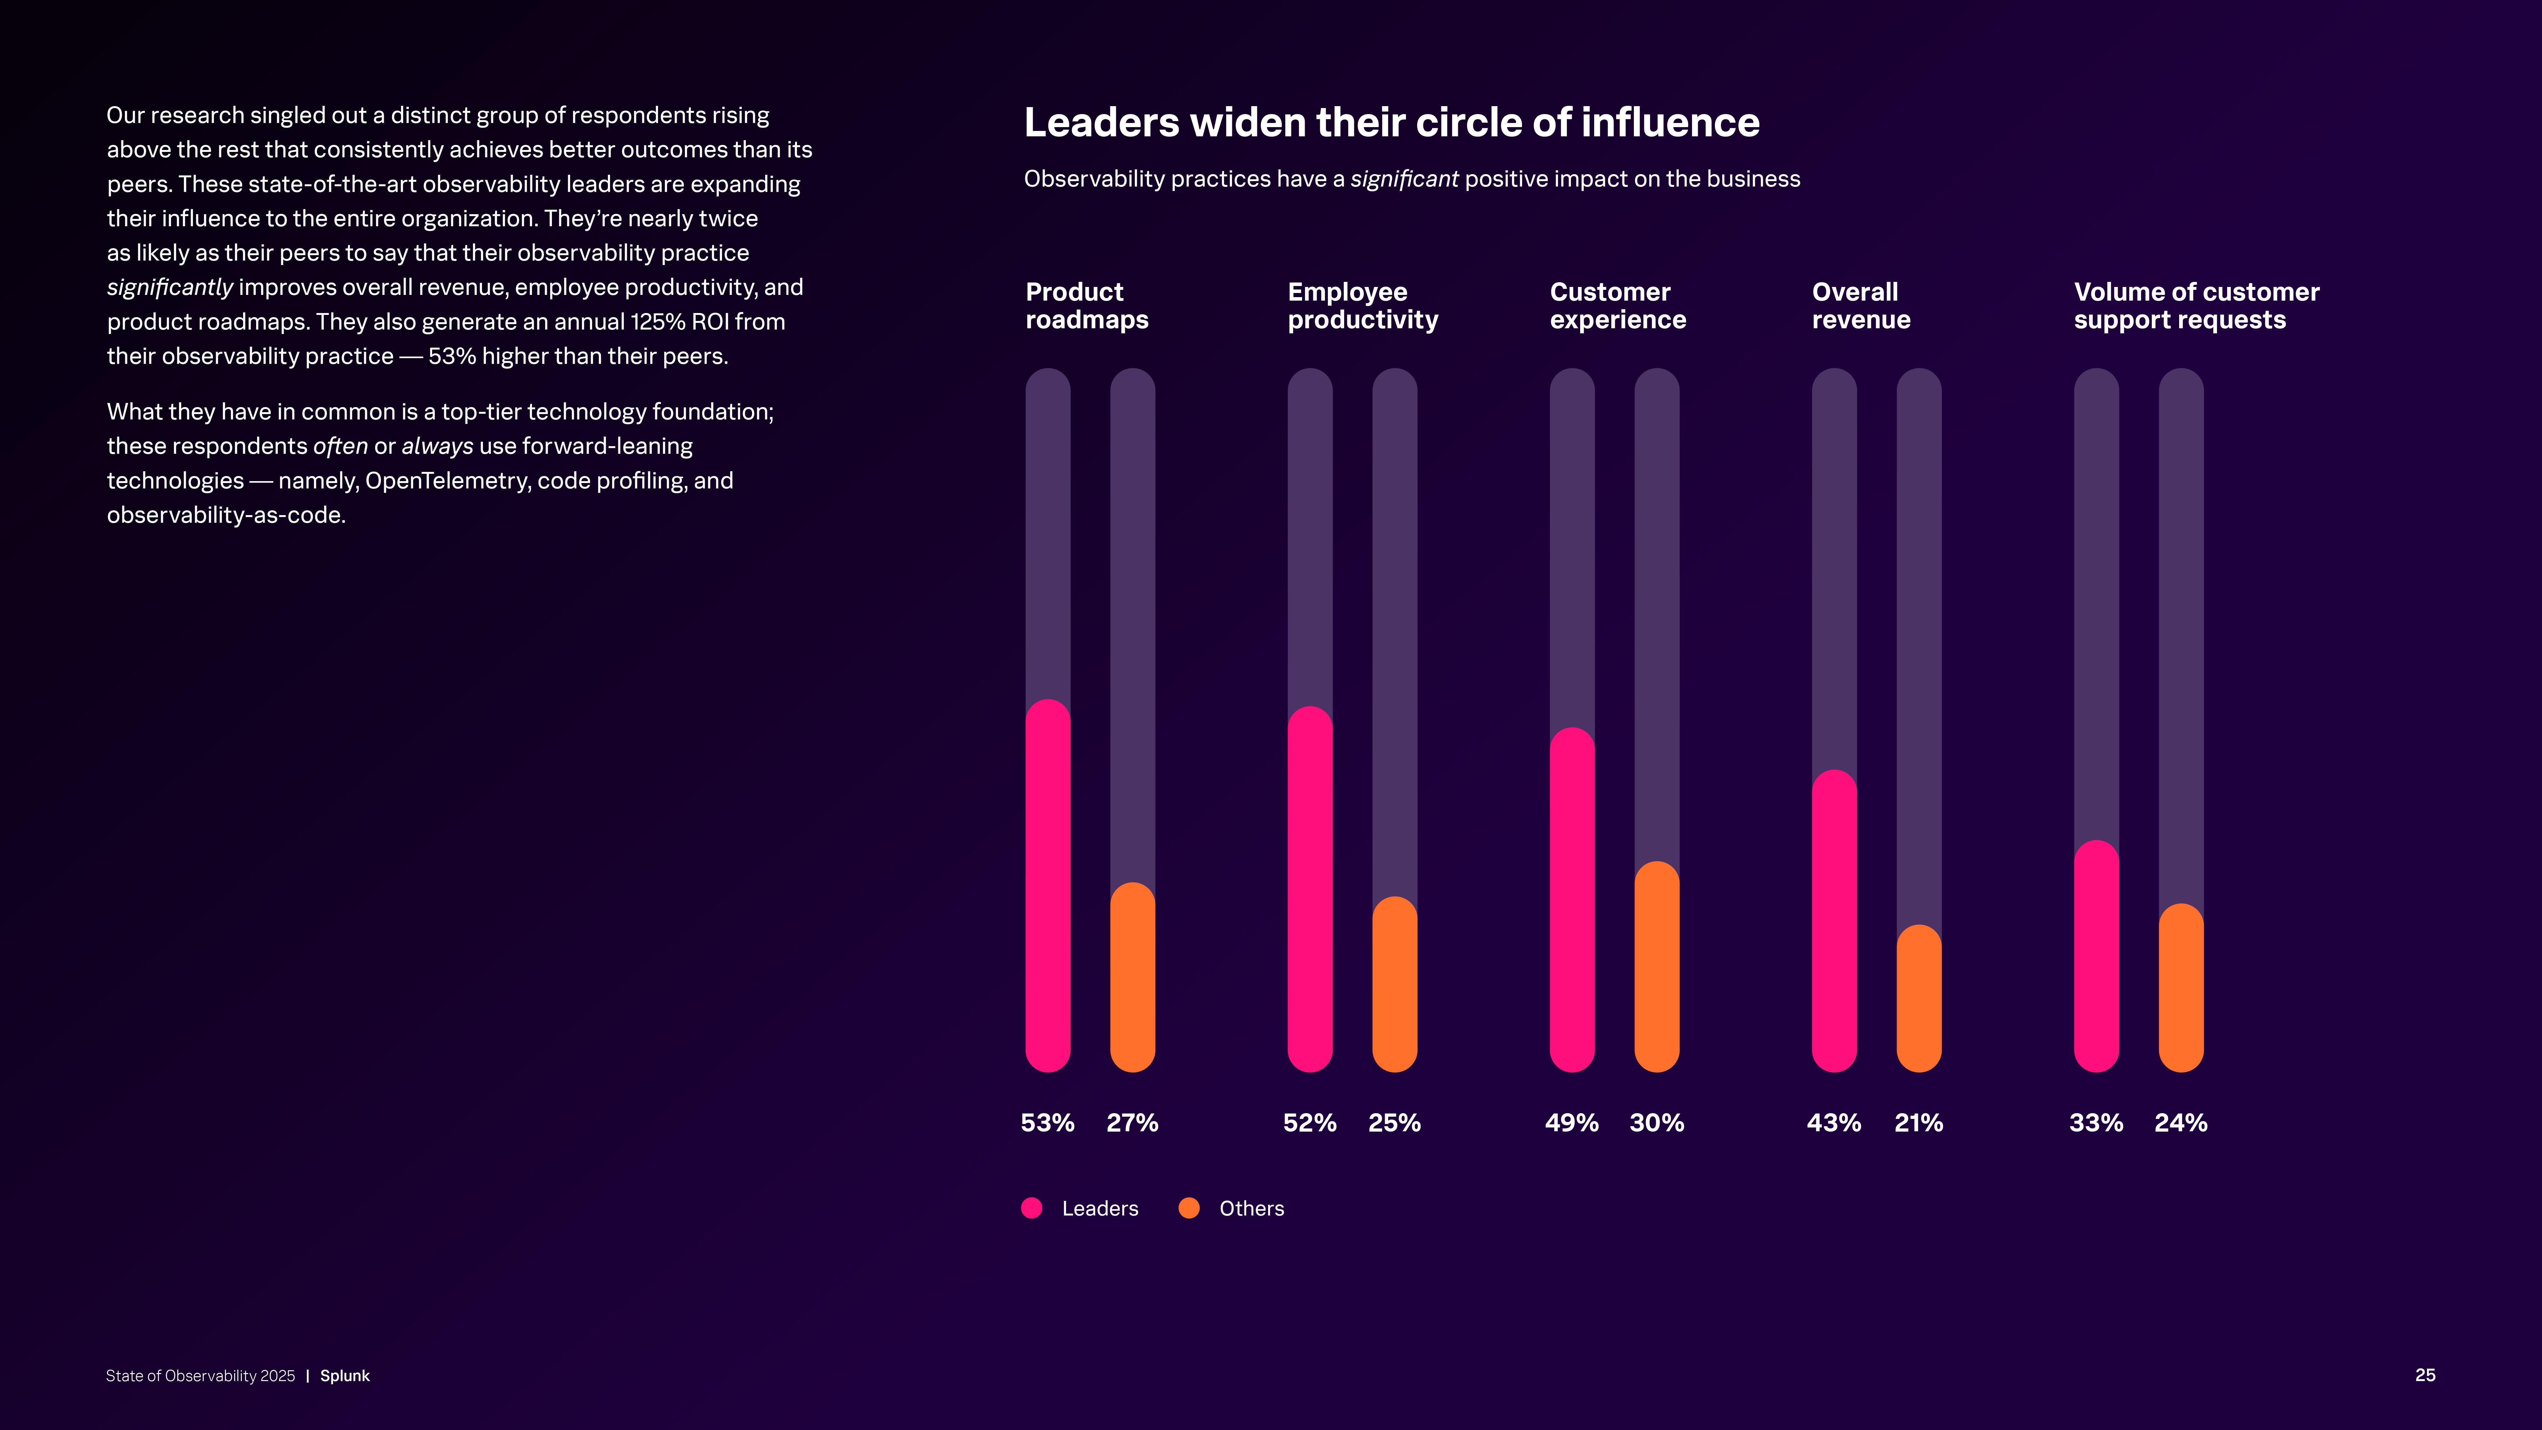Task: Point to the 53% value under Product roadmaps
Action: (x=1047, y=1123)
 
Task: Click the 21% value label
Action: (x=1918, y=1123)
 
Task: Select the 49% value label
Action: (x=1571, y=1123)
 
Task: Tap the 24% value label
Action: (x=2181, y=1123)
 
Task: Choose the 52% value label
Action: (x=1309, y=1123)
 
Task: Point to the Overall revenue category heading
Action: (x=1861, y=306)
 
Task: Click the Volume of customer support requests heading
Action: (x=2197, y=306)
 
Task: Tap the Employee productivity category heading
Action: (x=1363, y=306)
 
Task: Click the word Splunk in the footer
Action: (x=344, y=1376)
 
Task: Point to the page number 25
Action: (x=2424, y=1375)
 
